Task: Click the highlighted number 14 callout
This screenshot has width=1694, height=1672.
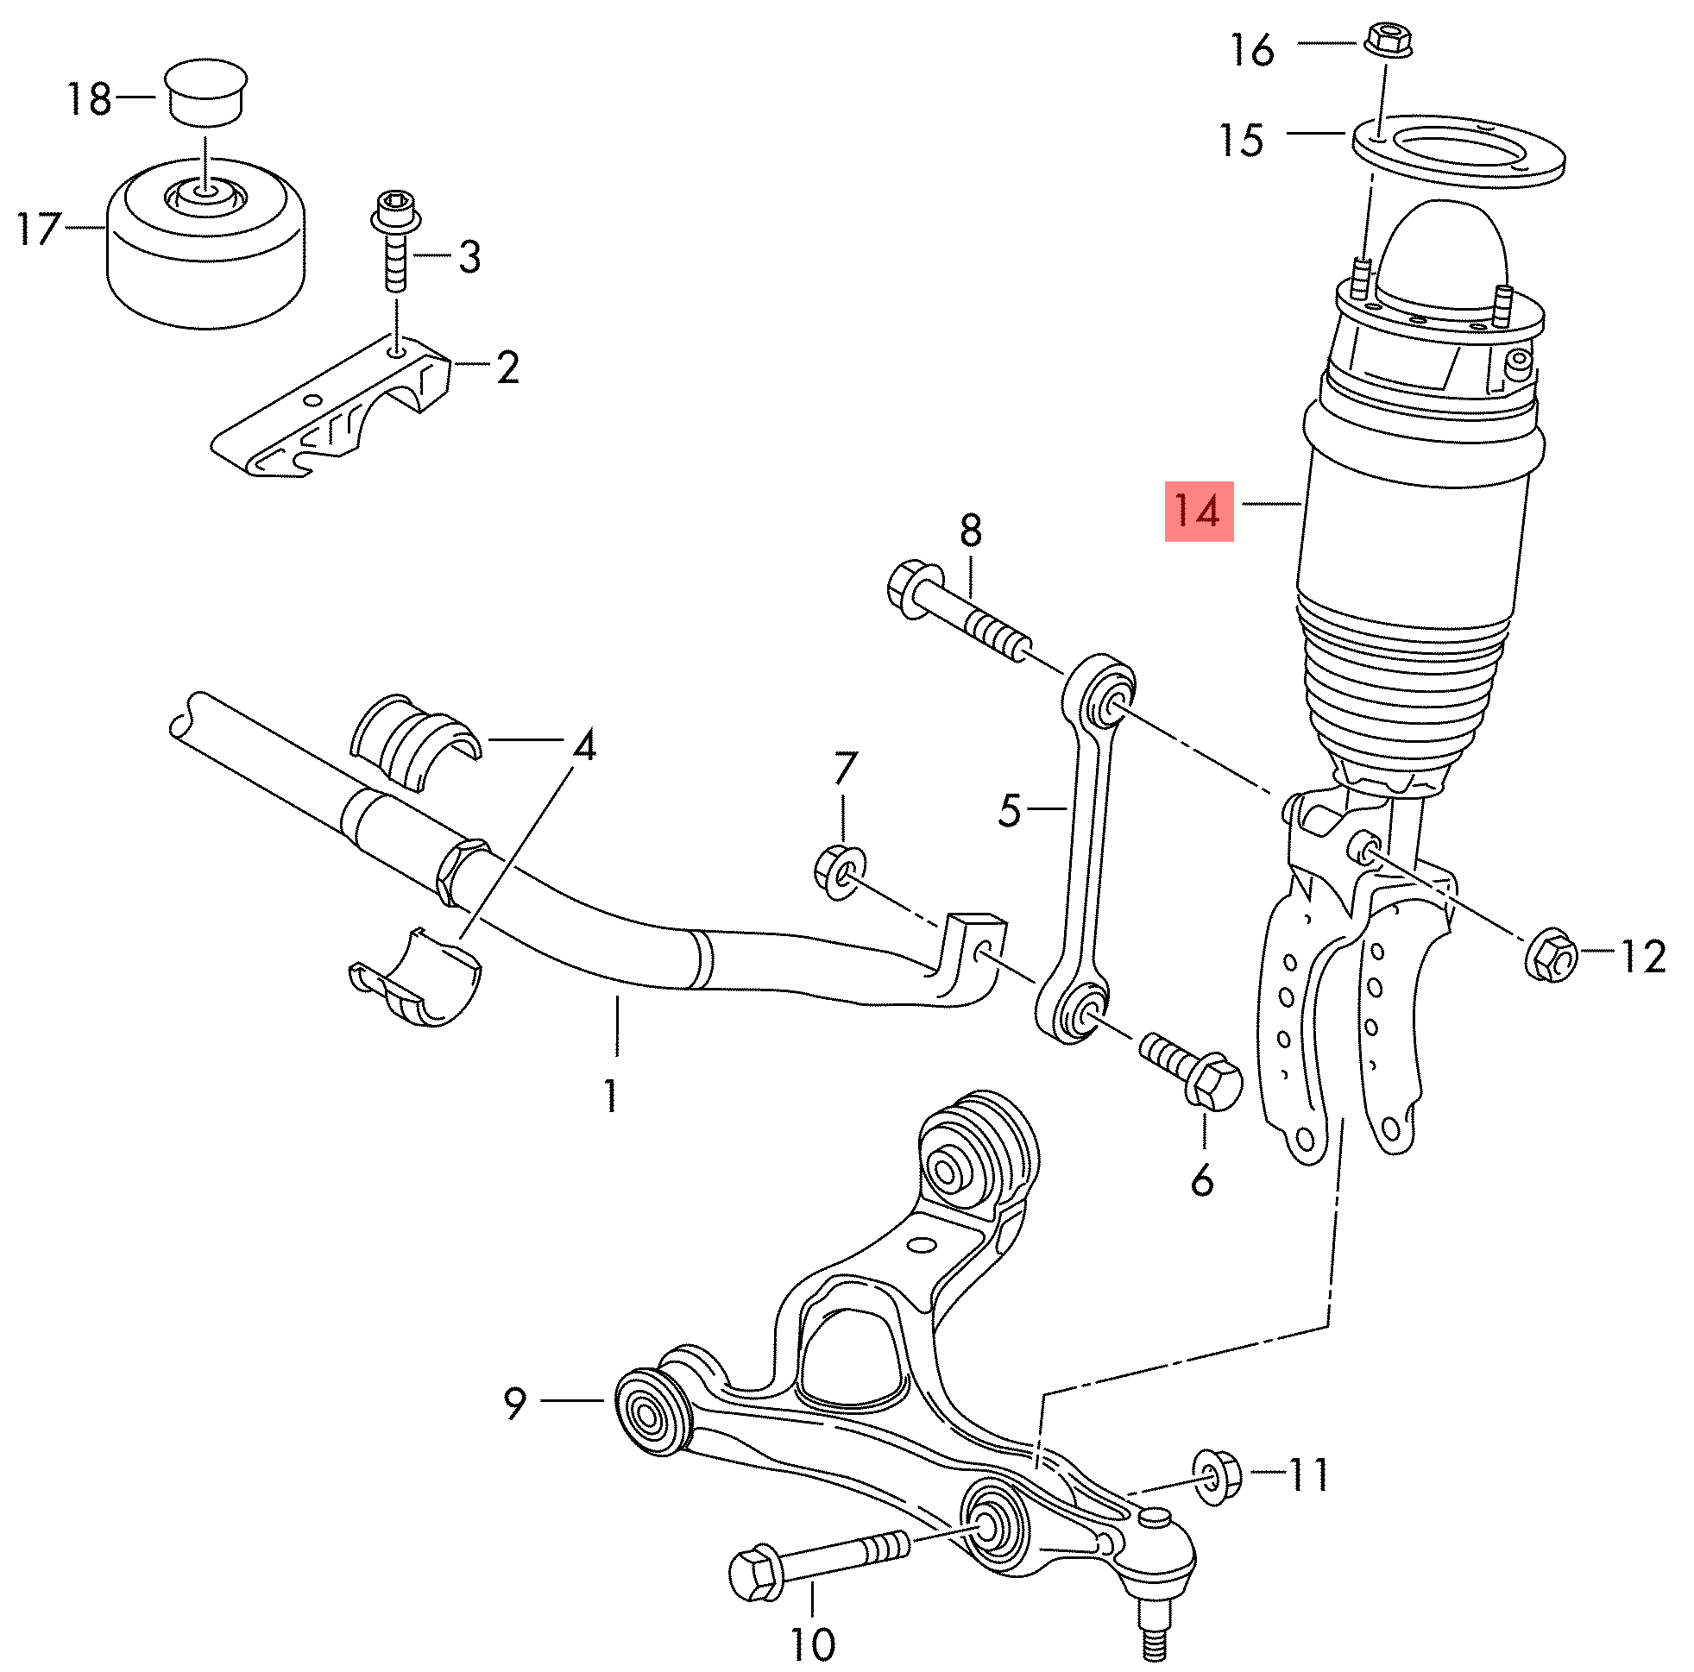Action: pos(1198,511)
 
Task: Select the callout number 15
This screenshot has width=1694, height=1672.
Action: pos(1242,141)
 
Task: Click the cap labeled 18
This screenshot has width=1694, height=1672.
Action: pos(206,94)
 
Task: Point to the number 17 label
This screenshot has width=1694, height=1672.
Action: pos(39,229)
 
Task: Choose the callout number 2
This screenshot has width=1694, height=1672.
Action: pos(507,368)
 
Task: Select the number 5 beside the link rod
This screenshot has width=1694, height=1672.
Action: pos(1010,810)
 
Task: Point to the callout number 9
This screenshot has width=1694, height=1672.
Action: pos(514,1404)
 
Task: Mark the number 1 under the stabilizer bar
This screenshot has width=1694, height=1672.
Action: pos(610,1096)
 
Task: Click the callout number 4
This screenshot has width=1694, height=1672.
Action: pos(584,746)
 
